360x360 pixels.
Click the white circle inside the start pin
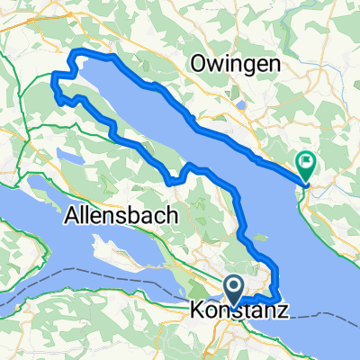[234, 286]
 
